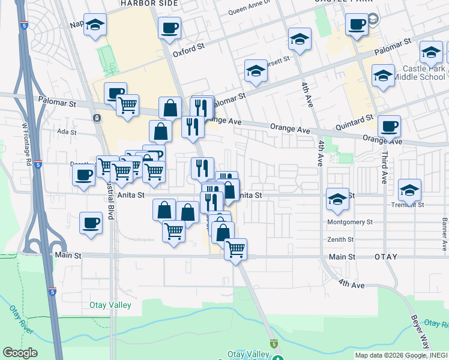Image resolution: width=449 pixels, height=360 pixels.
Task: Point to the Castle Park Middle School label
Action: click(424, 73)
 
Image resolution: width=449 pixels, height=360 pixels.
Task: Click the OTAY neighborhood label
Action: click(386, 256)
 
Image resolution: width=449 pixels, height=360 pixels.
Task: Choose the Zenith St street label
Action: click(341, 239)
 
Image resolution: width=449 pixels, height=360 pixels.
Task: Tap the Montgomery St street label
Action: click(350, 222)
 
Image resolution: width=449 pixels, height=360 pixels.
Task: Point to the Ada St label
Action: click(67, 131)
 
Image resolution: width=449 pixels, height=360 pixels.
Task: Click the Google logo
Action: click(20, 353)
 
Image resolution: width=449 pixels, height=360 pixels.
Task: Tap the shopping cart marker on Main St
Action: click(236, 248)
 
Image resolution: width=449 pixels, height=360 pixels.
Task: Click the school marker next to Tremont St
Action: click(410, 190)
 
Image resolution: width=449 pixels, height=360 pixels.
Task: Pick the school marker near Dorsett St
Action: click(256, 71)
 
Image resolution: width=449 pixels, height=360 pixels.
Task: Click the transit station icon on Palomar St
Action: click(97, 118)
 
